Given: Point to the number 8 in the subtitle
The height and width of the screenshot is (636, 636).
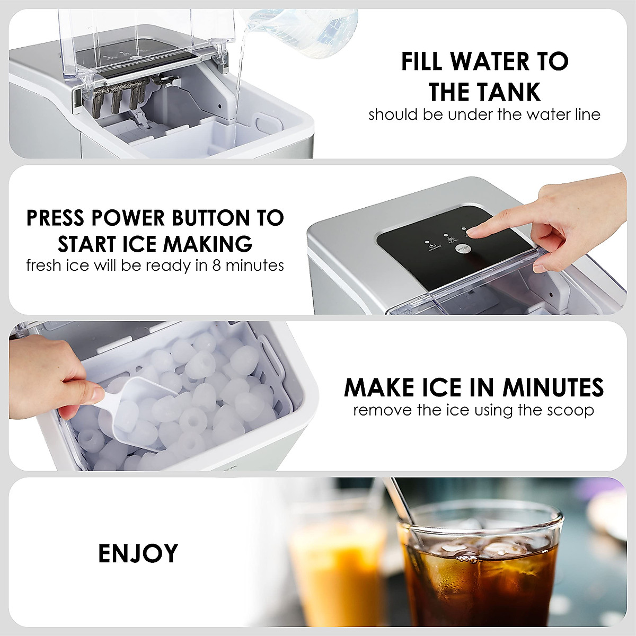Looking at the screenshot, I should coord(216,265).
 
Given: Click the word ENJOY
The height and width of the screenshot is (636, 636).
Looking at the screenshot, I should coord(138,553).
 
